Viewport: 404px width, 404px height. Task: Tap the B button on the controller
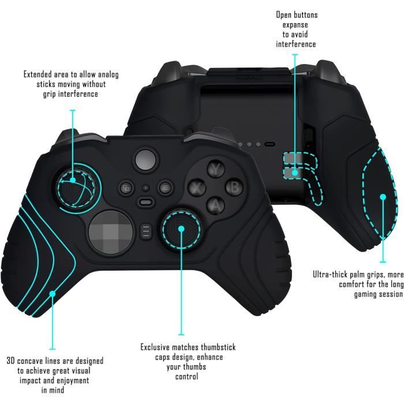(234, 186)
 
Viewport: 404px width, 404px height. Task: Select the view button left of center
(126, 187)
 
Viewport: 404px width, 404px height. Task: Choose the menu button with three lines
(165, 187)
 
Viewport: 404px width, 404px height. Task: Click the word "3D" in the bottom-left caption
(11, 361)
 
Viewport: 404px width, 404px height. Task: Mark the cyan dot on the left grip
(52, 294)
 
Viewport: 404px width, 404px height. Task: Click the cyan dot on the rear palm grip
(382, 197)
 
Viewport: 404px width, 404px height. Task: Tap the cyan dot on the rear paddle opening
(295, 171)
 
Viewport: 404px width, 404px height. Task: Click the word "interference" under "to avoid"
(296, 44)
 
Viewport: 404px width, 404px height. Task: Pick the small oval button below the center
(146, 203)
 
